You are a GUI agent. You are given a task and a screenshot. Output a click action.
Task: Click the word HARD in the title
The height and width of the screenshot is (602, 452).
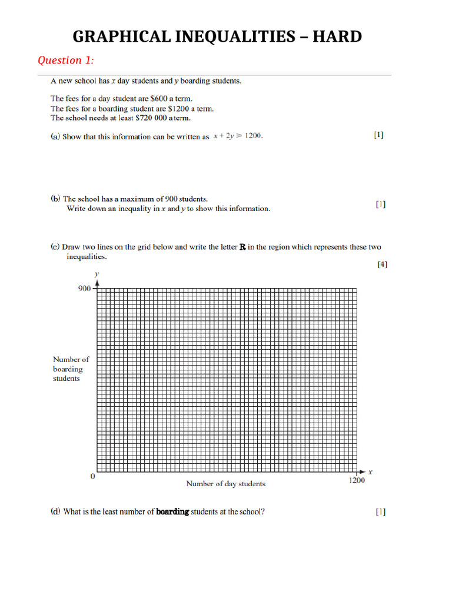point(337,36)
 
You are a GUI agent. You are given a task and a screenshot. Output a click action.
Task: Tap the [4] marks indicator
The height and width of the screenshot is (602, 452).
point(382,265)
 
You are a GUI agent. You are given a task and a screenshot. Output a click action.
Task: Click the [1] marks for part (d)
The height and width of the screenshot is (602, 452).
point(381,511)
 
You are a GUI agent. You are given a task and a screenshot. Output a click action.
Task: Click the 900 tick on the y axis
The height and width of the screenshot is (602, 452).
point(85,288)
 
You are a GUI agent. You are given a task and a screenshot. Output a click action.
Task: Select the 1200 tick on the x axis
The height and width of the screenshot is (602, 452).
point(357,480)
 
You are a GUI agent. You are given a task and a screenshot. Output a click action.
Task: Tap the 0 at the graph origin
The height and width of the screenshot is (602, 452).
point(92,477)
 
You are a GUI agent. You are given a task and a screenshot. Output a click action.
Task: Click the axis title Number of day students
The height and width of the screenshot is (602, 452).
point(225,484)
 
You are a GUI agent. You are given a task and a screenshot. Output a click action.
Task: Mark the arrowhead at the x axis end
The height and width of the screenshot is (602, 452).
point(361,472)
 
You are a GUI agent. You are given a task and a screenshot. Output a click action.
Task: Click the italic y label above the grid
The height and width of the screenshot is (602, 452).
point(97,274)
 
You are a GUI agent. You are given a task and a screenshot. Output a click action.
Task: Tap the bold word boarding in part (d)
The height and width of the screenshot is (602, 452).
point(172,511)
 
